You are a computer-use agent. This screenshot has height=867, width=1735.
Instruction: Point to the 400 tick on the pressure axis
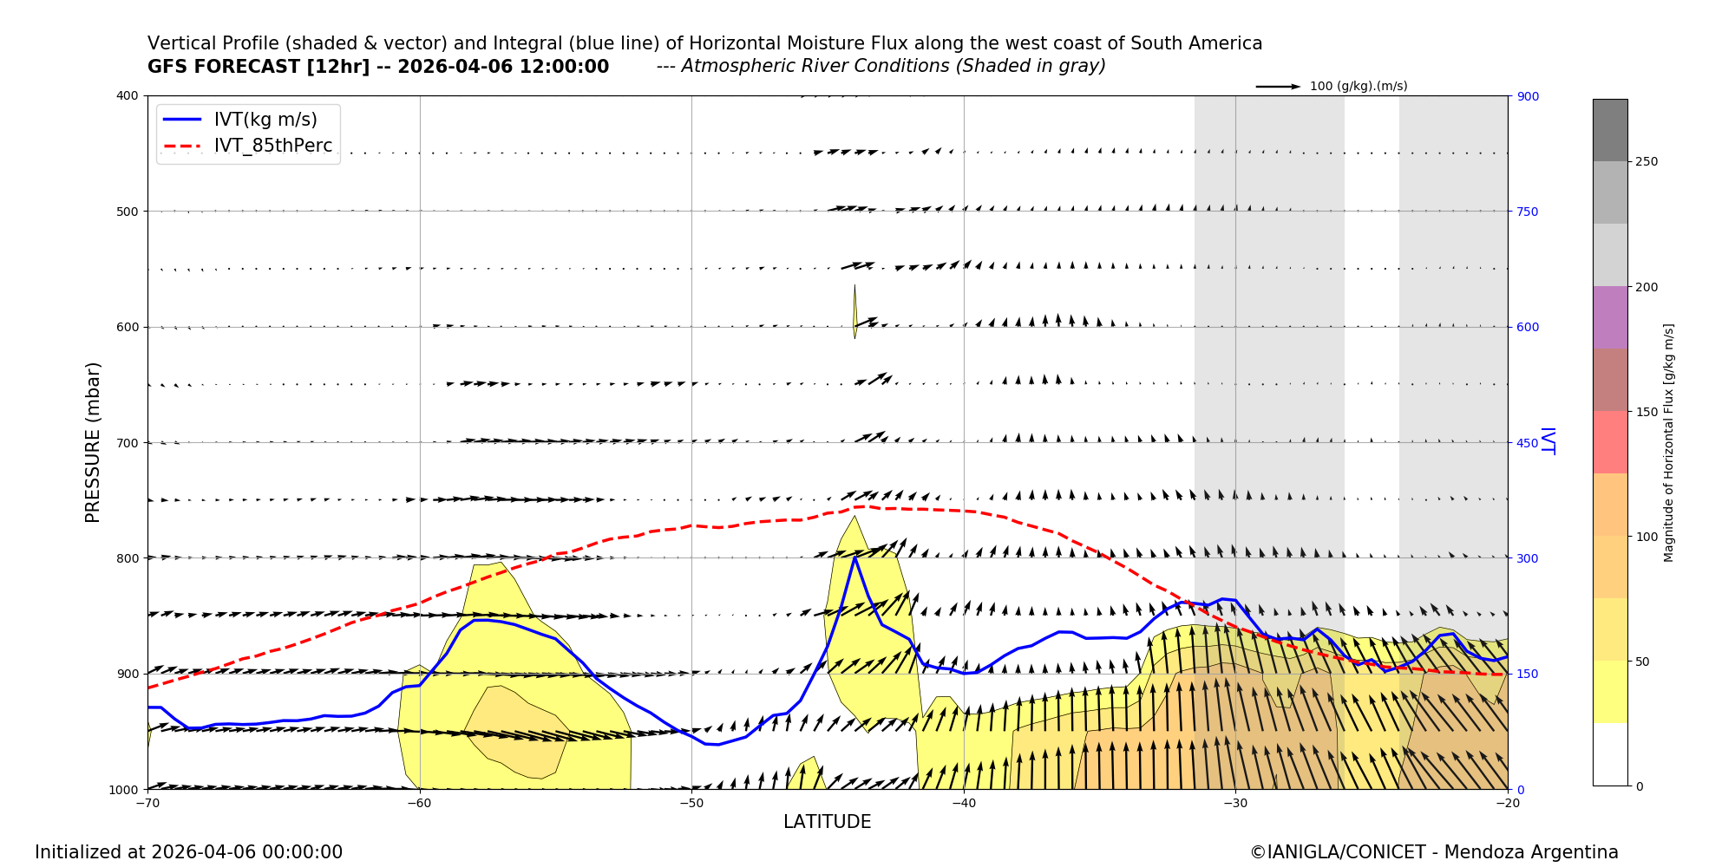coord(128,95)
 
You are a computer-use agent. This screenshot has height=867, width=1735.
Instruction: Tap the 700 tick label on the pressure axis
coord(128,442)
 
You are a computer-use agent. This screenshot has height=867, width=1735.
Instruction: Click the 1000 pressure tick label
coord(123,789)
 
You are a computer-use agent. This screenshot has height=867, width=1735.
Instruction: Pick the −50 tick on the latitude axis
coord(691,803)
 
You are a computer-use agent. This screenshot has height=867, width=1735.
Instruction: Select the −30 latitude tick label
coord(1235,803)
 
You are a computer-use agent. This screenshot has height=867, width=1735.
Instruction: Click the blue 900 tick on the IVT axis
coord(1528,96)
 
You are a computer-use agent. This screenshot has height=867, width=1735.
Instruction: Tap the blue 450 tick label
coord(1528,443)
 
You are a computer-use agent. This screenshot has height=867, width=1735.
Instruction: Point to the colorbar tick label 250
coord(1647,162)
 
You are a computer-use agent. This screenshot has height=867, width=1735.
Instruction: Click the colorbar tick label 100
coord(1647,537)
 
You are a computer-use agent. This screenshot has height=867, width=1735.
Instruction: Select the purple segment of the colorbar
coord(1609,317)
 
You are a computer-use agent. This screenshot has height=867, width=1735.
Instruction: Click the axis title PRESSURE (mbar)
coord(93,442)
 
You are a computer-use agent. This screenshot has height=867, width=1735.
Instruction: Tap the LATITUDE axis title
coord(827,822)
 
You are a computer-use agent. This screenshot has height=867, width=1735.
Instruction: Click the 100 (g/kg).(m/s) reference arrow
coord(1278,87)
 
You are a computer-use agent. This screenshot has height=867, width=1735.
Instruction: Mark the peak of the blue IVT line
coord(854,557)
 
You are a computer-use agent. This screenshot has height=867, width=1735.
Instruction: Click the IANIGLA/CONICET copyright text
coord(1433,852)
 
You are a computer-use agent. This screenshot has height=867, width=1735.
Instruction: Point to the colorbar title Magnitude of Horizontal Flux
coord(1668,442)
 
